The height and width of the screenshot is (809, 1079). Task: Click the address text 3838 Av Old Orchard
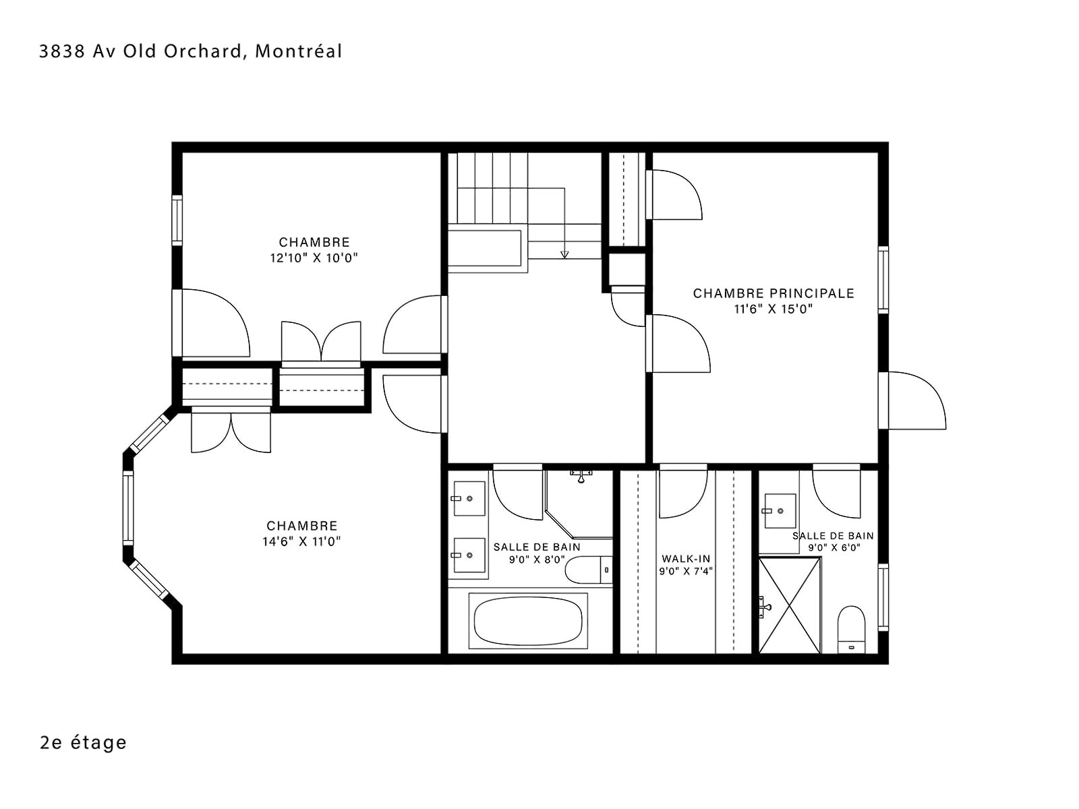[x=140, y=52]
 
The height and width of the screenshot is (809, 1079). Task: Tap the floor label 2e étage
[x=83, y=742]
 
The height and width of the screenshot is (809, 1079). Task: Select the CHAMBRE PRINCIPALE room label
[x=774, y=293]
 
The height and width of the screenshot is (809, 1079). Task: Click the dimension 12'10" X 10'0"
[x=314, y=258]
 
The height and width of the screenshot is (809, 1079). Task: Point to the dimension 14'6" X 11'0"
[x=301, y=541]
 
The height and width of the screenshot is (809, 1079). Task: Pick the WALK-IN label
[x=686, y=558]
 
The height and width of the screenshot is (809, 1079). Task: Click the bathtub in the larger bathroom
[x=528, y=620]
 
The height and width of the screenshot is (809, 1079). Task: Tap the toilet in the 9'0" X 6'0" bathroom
[x=851, y=630]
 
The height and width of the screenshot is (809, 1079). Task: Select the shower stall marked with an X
[x=790, y=605]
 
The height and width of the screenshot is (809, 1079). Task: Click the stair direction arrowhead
[x=564, y=254]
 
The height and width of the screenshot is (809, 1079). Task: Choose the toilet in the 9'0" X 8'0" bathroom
[x=589, y=570]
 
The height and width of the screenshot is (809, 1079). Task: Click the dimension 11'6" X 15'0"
[x=774, y=309]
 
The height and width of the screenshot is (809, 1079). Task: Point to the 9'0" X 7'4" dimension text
[x=686, y=571]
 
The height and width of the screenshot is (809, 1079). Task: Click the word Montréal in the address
[x=298, y=52]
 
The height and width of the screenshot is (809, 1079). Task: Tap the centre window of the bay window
[x=128, y=508]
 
